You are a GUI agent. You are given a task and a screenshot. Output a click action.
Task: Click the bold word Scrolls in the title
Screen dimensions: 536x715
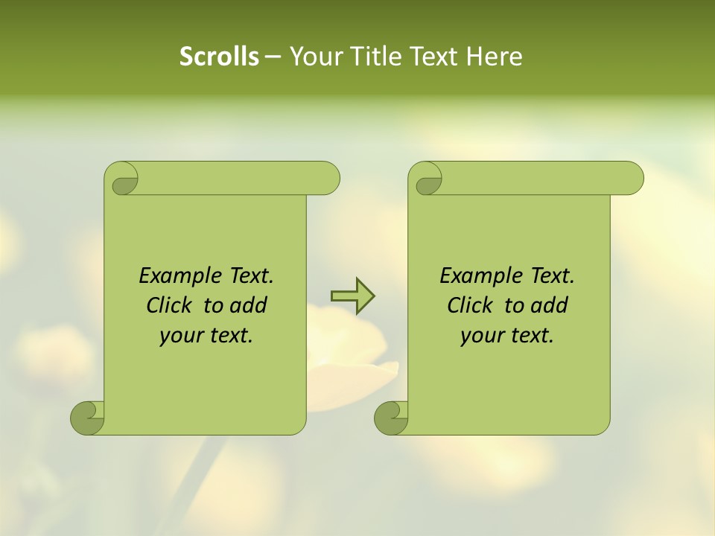[219, 57]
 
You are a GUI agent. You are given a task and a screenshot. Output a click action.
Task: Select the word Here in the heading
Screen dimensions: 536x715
[494, 57]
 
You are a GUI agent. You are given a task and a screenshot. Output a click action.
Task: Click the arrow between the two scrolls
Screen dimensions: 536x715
[352, 296]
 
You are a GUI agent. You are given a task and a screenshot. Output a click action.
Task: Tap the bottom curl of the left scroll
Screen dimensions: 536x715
[87, 418]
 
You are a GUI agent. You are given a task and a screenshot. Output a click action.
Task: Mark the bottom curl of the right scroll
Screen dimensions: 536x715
[391, 418]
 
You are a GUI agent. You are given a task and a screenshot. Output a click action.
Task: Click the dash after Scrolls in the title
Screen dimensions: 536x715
[273, 57]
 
